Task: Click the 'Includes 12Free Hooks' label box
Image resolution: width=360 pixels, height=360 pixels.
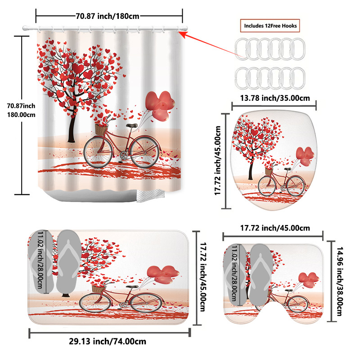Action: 271,26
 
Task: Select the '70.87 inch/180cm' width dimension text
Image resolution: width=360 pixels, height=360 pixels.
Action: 108,16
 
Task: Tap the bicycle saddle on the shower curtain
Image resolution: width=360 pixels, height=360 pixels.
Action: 131,126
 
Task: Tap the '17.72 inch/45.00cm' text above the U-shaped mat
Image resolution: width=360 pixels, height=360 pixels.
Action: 273,228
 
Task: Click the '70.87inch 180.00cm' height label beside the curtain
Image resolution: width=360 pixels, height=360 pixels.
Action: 21,110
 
